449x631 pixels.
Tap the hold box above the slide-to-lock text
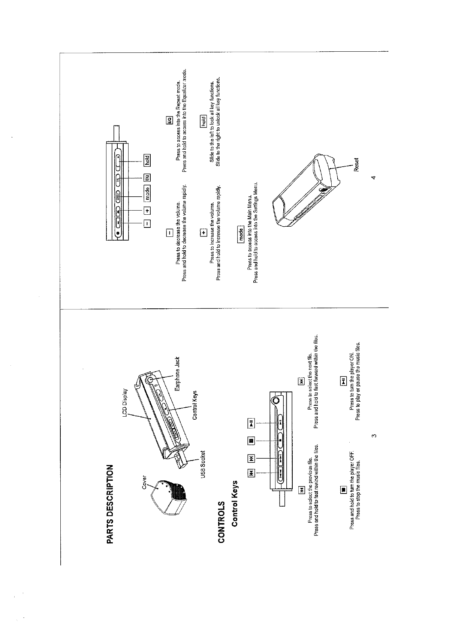pyautogui.click(x=204, y=121)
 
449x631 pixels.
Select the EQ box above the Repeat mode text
pyautogui.click(x=169, y=121)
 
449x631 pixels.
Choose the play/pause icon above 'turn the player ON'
pyautogui.click(x=342, y=381)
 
